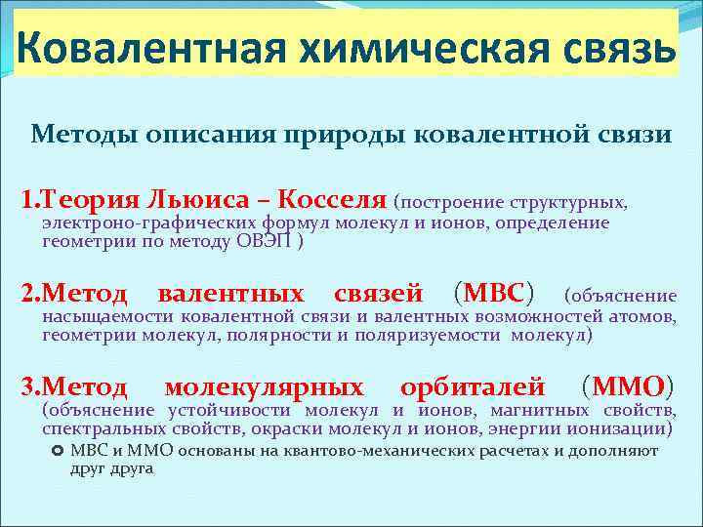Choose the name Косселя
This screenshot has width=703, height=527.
pyautogui.click(x=333, y=200)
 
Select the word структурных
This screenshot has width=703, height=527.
pyautogui.click(x=572, y=203)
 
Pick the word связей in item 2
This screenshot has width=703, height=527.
pyautogui.click(x=378, y=293)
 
